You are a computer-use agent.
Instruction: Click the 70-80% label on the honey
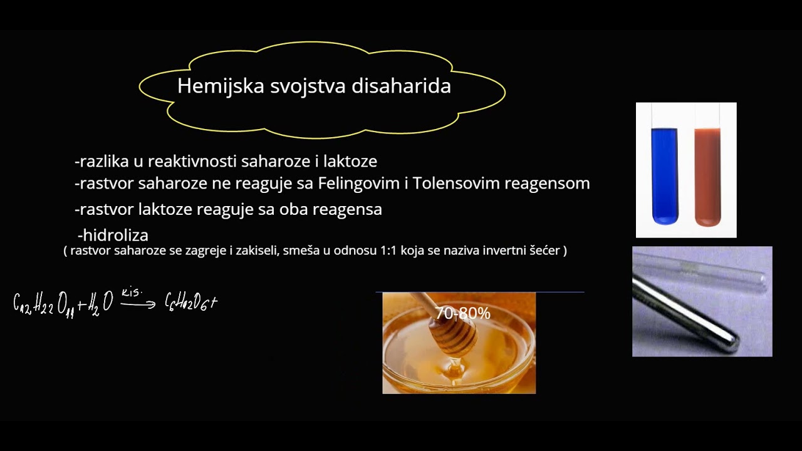pyautogui.click(x=462, y=313)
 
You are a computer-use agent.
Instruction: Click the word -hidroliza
pyautogui.click(x=113, y=236)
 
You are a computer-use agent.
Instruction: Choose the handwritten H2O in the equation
pyautogui.click(x=99, y=304)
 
